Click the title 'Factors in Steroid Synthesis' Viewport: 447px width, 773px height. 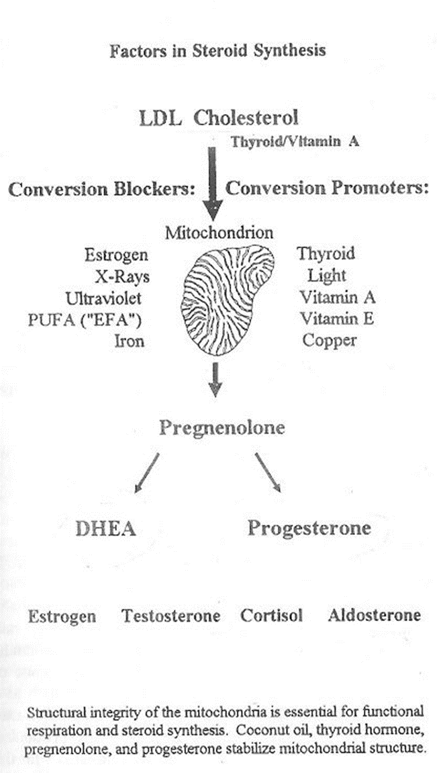pyautogui.click(x=217, y=51)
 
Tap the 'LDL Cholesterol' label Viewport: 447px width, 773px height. pyautogui.click(x=219, y=118)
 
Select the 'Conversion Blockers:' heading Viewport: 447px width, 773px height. pyautogui.click(x=102, y=190)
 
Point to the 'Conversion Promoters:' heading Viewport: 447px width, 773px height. pyautogui.click(x=327, y=188)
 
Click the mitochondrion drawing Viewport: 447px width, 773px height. pyautogui.click(x=228, y=300)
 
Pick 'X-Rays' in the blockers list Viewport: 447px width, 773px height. pyautogui.click(x=122, y=276)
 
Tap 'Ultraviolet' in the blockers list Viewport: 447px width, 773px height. pyautogui.click(x=103, y=298)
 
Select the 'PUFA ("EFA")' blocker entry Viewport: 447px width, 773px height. pyautogui.click(x=85, y=320)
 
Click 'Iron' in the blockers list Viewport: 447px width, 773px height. pyautogui.click(x=130, y=341)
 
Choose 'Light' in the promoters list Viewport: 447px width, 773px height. pyautogui.click(x=327, y=276)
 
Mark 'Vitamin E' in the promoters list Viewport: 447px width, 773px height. pyautogui.click(x=337, y=319)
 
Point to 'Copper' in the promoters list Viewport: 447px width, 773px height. pyautogui.click(x=330, y=341)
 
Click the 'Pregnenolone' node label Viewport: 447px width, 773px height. pyautogui.click(x=222, y=428)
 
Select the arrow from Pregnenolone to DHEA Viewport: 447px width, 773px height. pyautogui.click(x=147, y=473)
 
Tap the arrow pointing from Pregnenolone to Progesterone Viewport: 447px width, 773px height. pyautogui.click(x=268, y=473)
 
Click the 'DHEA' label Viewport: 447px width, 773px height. pyautogui.click(x=106, y=529)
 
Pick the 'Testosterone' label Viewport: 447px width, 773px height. pyautogui.click(x=171, y=616)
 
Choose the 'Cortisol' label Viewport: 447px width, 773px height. pyautogui.click(x=271, y=615)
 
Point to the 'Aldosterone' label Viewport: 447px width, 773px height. pyautogui.click(x=374, y=615)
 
